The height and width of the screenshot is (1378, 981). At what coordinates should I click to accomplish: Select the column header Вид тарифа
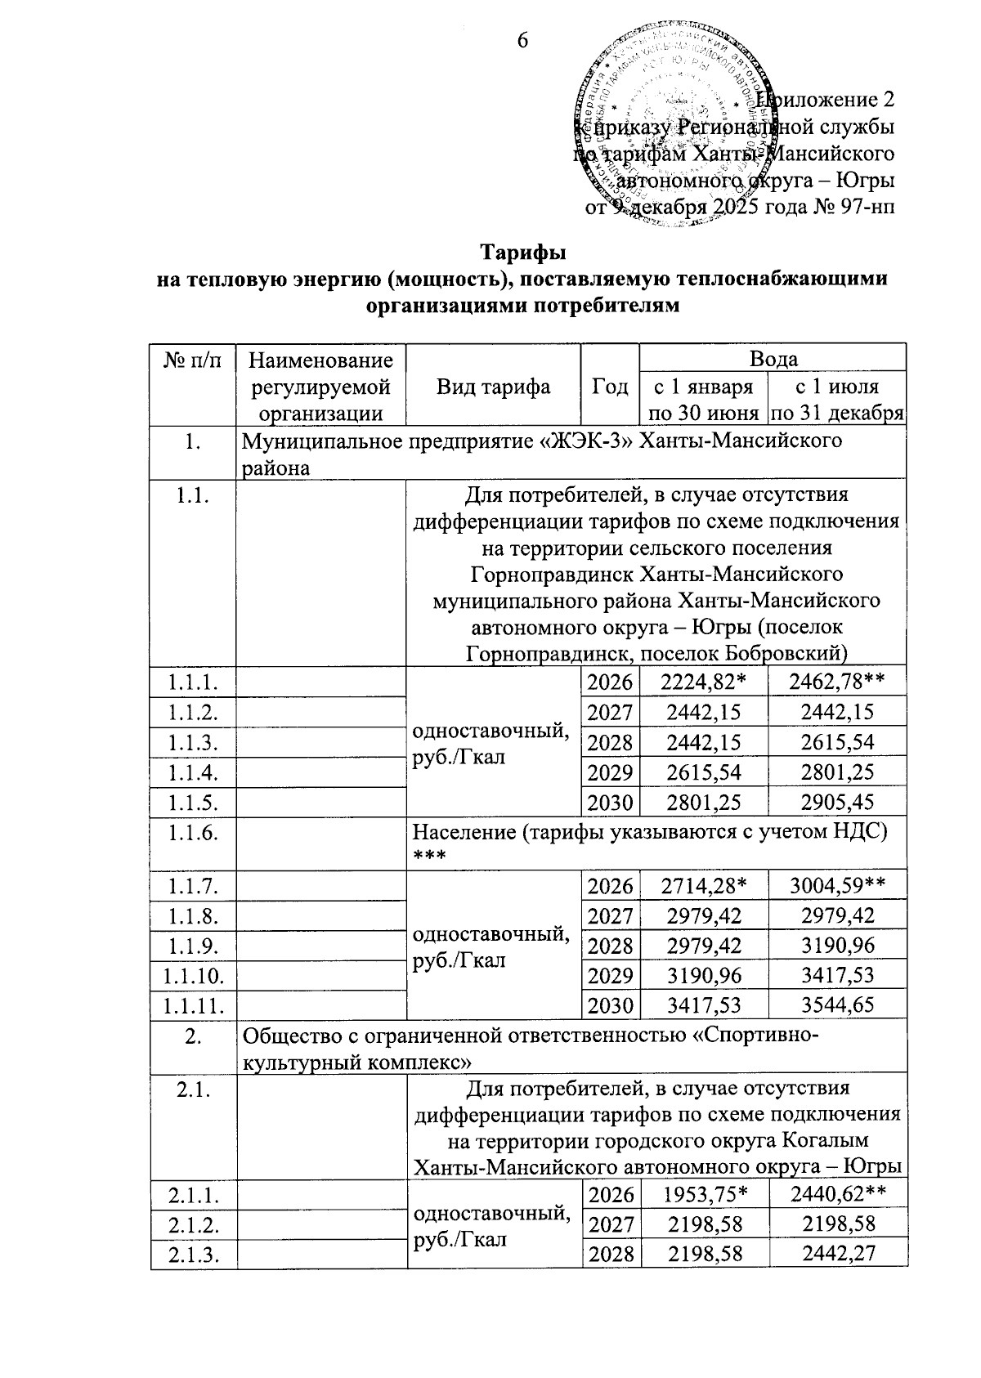tap(493, 387)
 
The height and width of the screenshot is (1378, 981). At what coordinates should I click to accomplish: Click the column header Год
tap(610, 387)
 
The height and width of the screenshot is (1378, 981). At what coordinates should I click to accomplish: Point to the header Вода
tap(773, 359)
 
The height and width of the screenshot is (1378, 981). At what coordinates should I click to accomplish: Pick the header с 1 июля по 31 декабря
tap(837, 399)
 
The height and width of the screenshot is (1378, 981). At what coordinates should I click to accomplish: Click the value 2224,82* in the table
tap(705, 682)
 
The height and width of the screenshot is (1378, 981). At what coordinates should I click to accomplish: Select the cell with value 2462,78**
tap(838, 682)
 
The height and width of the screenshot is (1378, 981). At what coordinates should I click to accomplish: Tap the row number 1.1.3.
tap(193, 742)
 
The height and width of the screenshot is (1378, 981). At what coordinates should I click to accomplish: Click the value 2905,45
tap(838, 803)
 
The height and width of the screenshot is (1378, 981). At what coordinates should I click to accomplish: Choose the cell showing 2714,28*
tap(705, 885)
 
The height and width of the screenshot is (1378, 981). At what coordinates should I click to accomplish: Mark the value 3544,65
tap(838, 1004)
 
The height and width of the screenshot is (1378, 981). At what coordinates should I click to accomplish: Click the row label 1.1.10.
tap(193, 974)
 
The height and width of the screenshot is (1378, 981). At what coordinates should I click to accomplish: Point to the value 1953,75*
tap(705, 1195)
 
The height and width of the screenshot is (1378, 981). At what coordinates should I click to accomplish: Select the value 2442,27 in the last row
tap(838, 1254)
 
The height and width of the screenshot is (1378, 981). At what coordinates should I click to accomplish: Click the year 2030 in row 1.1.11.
tap(610, 1004)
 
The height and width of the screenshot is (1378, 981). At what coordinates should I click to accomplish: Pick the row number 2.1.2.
tap(193, 1224)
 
